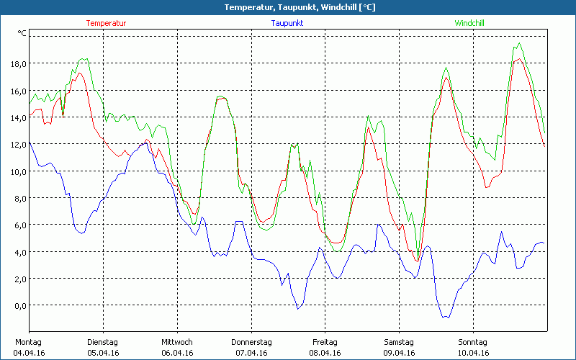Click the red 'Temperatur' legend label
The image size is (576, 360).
coord(106,23)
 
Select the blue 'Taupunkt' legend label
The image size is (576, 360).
coord(287,23)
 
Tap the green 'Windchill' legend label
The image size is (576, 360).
coord(469,23)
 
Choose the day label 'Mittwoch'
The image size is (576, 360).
coord(176,342)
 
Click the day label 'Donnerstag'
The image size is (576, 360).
coord(251,342)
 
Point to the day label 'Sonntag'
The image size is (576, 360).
coord(473,342)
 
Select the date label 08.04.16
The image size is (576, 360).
coord(325,353)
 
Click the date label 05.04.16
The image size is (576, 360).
coord(102,353)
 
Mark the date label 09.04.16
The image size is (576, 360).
coord(399,353)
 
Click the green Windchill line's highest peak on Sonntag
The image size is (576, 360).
coord(520,44)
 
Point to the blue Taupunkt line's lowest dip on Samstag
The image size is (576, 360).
coord(446,317)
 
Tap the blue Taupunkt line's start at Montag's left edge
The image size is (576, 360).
coord(30,142)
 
